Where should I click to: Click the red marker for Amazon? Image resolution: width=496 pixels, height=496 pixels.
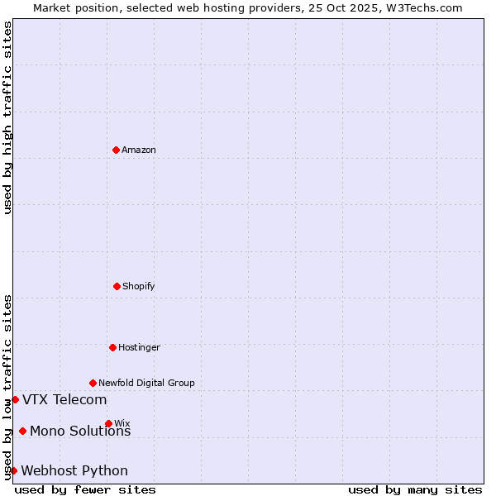[x=116, y=150]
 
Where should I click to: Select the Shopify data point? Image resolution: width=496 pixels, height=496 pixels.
[x=117, y=286]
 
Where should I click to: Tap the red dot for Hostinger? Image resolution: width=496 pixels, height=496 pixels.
[x=112, y=347]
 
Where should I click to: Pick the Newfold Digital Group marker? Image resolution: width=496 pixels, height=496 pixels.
[x=93, y=383]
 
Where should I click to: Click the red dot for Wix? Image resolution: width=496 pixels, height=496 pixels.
[x=108, y=423]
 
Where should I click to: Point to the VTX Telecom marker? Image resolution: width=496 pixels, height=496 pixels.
[x=15, y=399]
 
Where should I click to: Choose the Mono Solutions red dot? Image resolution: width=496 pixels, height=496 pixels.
[x=22, y=431]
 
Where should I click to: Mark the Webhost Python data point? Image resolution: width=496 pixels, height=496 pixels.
[x=13, y=470]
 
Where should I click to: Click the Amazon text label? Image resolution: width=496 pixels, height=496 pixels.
[x=139, y=150]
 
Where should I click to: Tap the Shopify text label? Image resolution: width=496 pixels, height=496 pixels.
[x=139, y=286]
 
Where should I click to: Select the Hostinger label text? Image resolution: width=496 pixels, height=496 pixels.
[x=139, y=347]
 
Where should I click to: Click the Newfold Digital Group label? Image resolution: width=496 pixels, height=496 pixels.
[x=146, y=383]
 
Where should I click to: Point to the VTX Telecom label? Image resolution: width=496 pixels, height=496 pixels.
[x=64, y=400]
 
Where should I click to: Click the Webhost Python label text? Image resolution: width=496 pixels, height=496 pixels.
[x=74, y=471]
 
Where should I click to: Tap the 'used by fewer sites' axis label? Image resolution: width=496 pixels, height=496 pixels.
[x=85, y=489]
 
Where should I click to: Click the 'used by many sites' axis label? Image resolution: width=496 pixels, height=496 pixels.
[x=415, y=489]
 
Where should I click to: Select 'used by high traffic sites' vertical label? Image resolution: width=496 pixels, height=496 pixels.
[x=7, y=117]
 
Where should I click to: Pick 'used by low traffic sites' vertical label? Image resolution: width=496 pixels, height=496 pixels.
[x=7, y=387]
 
